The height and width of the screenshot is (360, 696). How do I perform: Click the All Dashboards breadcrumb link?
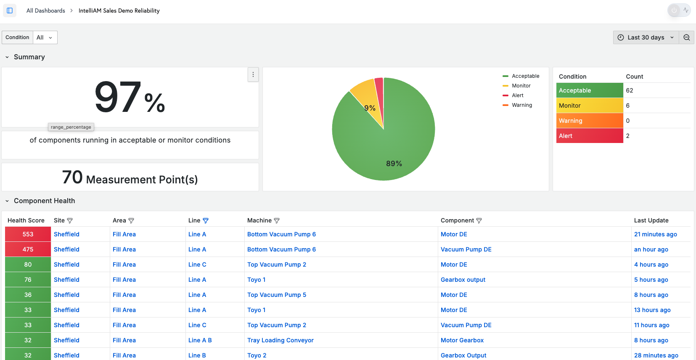click(x=46, y=11)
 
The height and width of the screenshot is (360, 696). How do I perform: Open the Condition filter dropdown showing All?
click(x=45, y=37)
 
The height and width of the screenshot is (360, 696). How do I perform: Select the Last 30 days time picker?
click(x=646, y=37)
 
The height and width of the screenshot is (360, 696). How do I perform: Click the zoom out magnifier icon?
click(x=687, y=37)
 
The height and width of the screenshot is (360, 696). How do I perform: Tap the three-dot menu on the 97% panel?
click(x=253, y=74)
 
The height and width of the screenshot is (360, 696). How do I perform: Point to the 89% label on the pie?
click(x=394, y=163)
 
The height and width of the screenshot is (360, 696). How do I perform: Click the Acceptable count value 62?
click(x=630, y=90)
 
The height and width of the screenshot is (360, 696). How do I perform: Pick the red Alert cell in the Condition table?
click(x=590, y=136)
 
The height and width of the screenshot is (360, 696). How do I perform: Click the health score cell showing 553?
click(x=28, y=234)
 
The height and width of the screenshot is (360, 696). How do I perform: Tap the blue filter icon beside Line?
click(x=205, y=220)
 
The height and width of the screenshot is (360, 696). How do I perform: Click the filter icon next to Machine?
click(x=277, y=220)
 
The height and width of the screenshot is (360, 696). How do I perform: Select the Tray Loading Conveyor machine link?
click(x=280, y=340)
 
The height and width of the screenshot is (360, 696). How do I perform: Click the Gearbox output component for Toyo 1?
click(x=463, y=280)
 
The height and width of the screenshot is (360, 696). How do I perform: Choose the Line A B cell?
click(x=200, y=340)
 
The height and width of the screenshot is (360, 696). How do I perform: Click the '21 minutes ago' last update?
click(x=656, y=234)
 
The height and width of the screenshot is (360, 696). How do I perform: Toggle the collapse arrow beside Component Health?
click(x=7, y=201)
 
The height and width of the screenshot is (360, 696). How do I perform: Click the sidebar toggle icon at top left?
click(x=10, y=11)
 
